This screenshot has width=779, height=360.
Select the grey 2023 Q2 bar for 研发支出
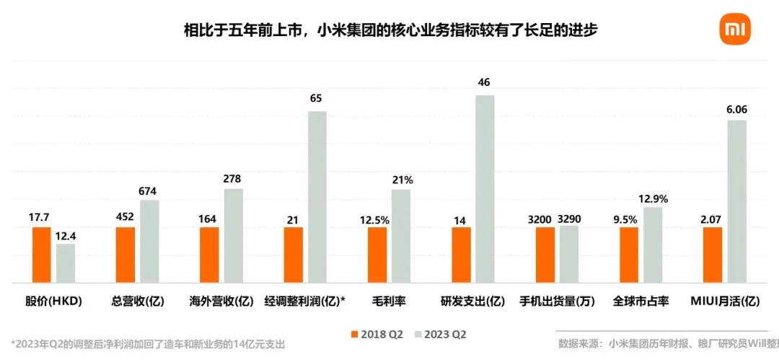point(485,189)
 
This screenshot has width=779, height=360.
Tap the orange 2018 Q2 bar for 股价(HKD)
point(41,255)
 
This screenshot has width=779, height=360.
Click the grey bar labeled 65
point(317,197)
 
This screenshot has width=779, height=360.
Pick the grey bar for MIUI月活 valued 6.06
point(736,201)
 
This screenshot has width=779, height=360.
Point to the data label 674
point(148,191)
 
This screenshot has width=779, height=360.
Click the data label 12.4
point(66,235)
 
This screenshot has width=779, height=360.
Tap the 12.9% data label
point(653,198)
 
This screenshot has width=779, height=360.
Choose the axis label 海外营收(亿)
point(221,301)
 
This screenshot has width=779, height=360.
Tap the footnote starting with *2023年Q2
point(148,344)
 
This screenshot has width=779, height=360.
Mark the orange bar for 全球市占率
point(628,255)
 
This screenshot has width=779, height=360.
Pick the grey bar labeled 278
point(233,236)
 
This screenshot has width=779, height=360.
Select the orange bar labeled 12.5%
point(377,255)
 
